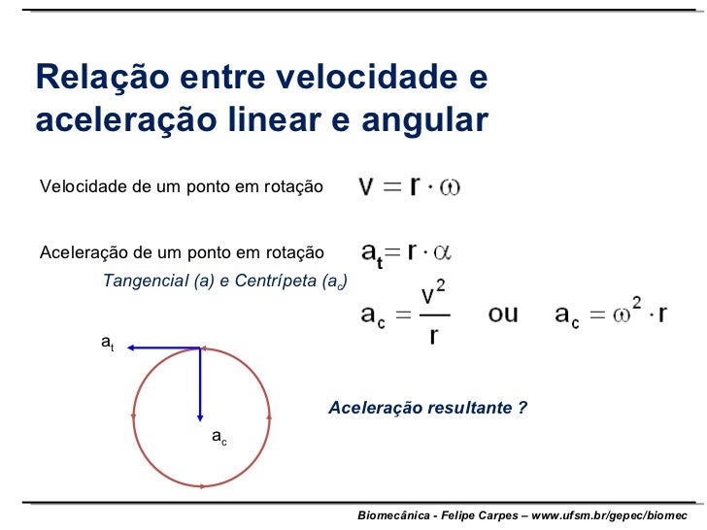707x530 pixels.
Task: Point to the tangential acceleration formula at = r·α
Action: click(407, 253)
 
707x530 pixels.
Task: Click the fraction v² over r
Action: click(434, 314)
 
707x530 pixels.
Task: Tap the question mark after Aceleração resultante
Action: click(522, 407)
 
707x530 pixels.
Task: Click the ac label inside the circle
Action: click(219, 439)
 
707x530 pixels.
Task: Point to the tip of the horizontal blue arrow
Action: click(129, 347)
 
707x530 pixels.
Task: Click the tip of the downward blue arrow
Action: click(200, 420)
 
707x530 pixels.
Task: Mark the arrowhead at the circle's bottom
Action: click(201, 485)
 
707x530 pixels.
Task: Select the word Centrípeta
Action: click(275, 281)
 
